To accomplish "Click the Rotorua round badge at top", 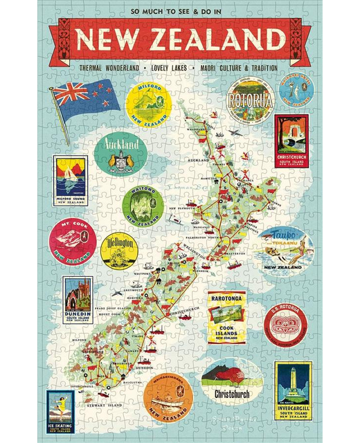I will (x=251, y=101).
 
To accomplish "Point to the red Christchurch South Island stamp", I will (x=291, y=138).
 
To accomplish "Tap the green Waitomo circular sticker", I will (x=143, y=206).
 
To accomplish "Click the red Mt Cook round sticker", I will (x=71, y=242).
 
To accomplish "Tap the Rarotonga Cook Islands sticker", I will (x=226, y=317).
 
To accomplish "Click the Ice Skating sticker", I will (x=60, y=411).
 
